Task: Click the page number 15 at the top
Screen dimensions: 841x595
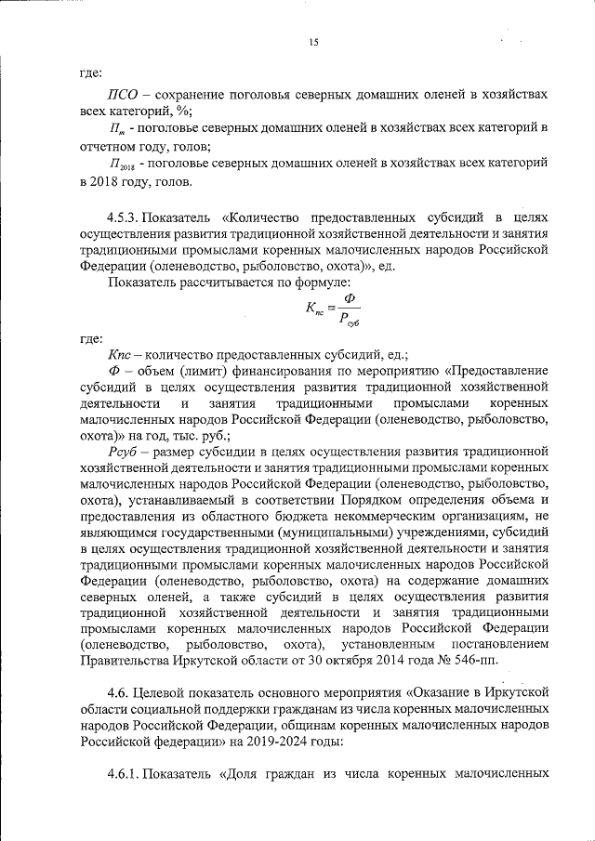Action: [x=313, y=42]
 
